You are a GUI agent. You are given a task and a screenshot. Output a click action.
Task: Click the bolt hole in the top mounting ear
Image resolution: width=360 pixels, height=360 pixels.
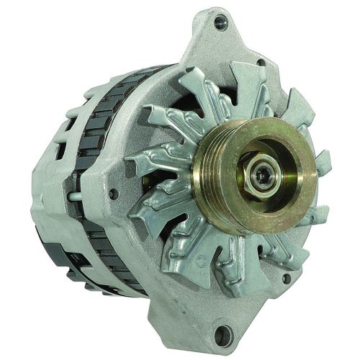[x=220, y=22]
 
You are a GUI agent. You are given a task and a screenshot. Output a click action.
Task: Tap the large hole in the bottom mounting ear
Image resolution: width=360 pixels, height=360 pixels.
[x=225, y=333]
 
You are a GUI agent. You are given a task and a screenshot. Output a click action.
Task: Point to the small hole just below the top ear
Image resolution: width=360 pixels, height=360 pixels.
[x=260, y=62]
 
